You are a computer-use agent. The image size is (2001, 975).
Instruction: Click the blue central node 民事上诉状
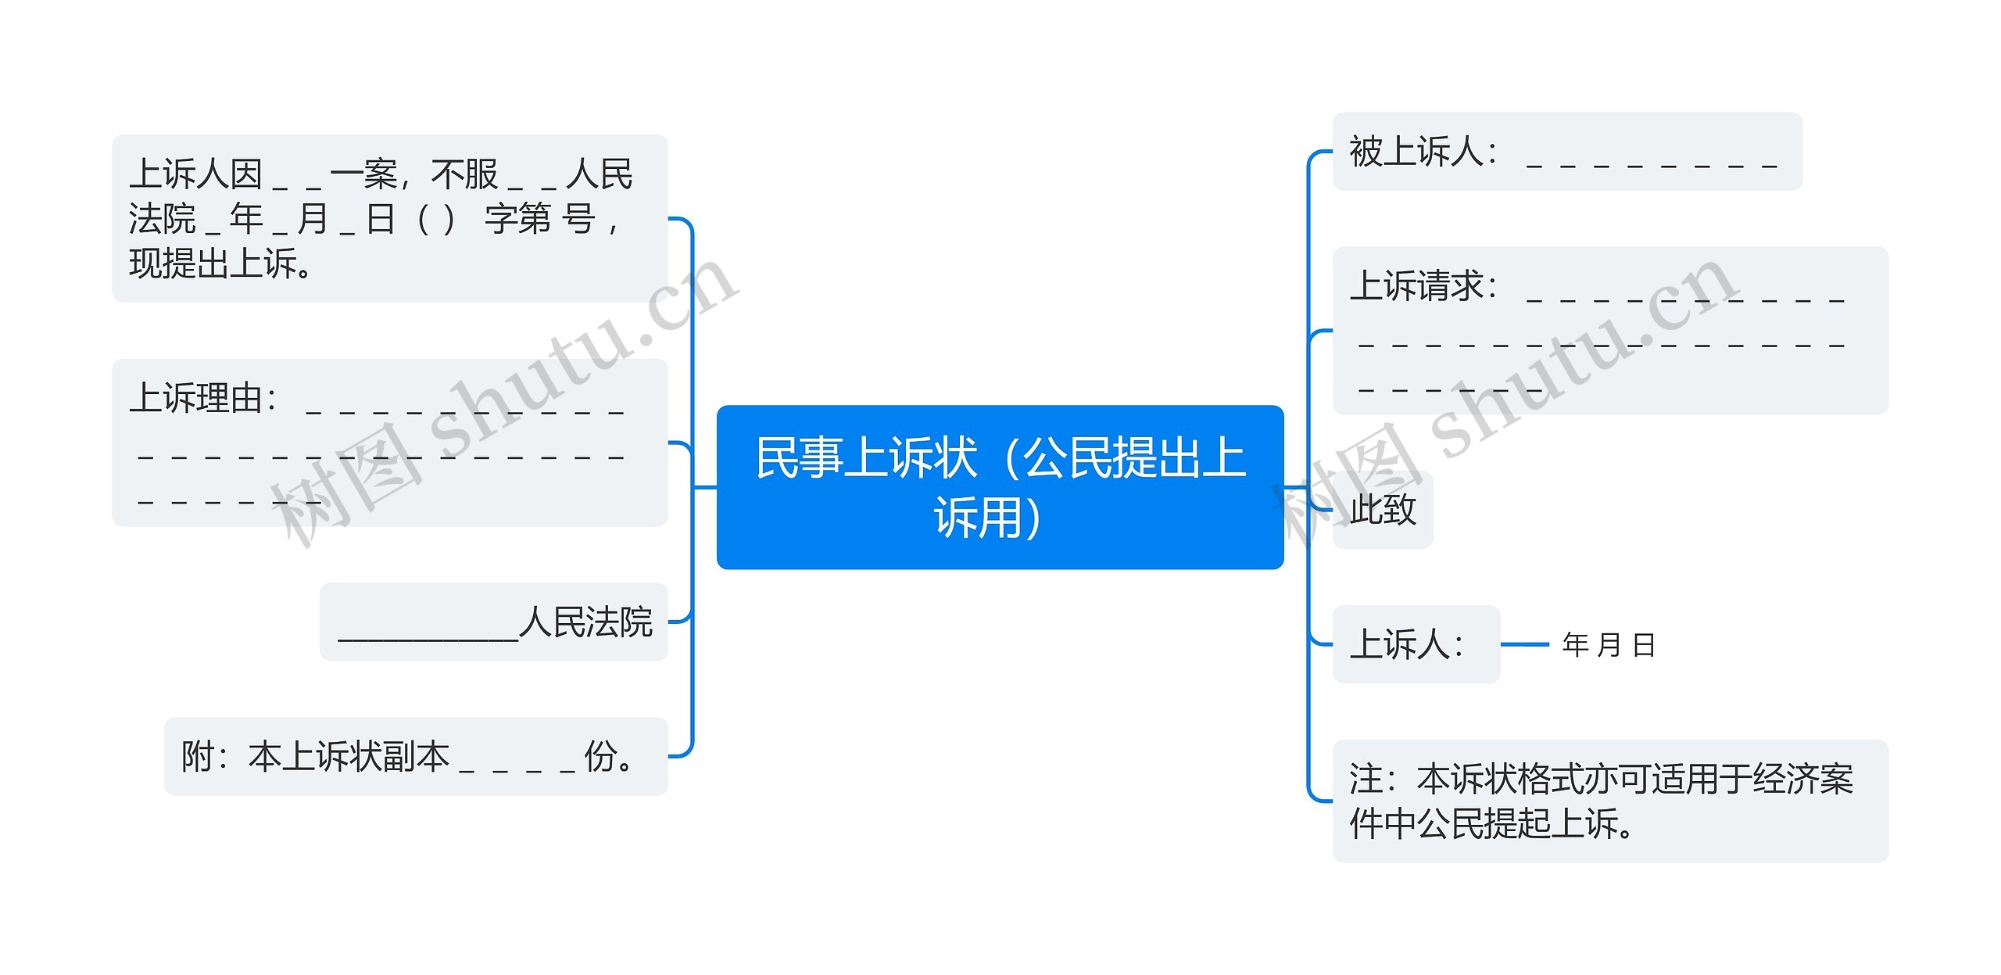click(1000, 486)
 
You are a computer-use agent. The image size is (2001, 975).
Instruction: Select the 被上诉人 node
click(1566, 151)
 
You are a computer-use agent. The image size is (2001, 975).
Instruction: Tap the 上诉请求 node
click(1609, 330)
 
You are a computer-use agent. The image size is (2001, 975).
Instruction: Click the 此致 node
click(1382, 510)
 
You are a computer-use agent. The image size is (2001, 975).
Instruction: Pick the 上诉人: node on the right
click(1416, 644)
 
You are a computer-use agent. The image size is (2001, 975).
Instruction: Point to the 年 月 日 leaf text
click(1609, 645)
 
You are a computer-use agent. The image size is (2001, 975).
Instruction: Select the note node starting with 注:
click(1609, 801)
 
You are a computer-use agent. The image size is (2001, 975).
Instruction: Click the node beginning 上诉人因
click(389, 218)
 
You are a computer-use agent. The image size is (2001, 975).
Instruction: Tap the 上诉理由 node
click(389, 442)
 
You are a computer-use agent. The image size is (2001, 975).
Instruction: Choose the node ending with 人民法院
click(493, 622)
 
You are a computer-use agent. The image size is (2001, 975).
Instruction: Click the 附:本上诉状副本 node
click(415, 756)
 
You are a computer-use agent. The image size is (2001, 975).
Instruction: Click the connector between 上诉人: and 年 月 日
click(1524, 644)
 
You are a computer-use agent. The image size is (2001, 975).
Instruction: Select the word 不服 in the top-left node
click(464, 174)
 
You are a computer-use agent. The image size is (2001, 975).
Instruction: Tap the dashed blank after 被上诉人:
click(1651, 160)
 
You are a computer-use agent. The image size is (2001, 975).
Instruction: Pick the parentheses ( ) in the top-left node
click(435, 219)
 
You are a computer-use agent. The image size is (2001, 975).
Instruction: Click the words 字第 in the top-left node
click(517, 219)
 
